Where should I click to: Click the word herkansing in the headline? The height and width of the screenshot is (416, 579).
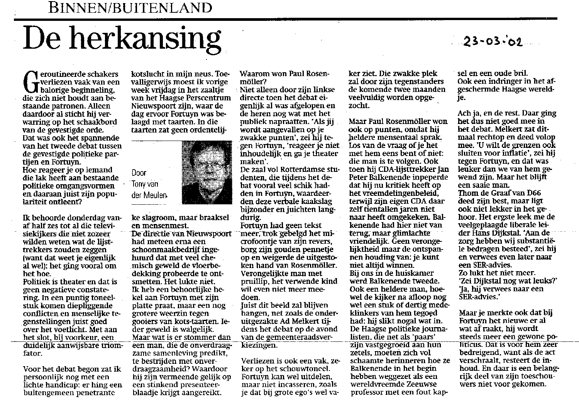[147, 40]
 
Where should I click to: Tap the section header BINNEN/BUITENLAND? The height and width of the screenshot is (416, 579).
[131, 8]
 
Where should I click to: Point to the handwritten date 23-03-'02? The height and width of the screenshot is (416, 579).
[490, 41]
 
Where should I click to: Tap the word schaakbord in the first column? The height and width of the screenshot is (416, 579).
[90, 121]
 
